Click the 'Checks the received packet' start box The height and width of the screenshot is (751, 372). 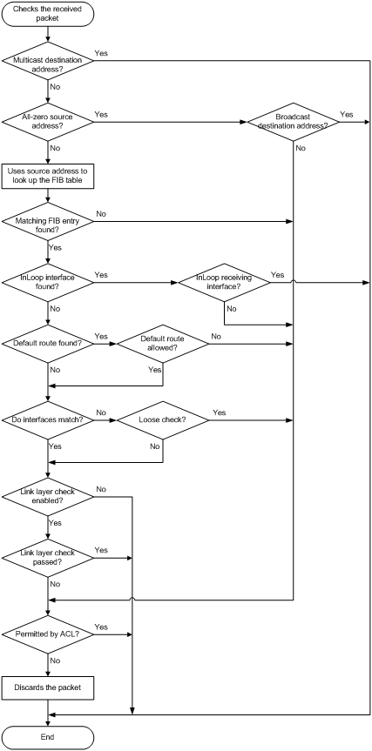(x=48, y=13)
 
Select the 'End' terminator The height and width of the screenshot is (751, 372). (x=48, y=736)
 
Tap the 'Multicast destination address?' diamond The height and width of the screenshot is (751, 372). (x=48, y=61)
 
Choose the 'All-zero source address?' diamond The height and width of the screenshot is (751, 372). (x=48, y=122)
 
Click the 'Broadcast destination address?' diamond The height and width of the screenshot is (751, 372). (x=293, y=122)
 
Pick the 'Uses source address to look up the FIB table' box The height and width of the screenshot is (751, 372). (x=48, y=176)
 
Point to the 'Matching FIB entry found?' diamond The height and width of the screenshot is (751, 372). (x=48, y=222)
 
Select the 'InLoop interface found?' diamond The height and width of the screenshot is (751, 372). (x=48, y=283)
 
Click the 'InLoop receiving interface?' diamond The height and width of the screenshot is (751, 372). (x=225, y=283)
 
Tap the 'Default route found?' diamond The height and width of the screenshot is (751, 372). (x=48, y=344)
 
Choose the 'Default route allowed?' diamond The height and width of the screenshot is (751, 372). (x=163, y=344)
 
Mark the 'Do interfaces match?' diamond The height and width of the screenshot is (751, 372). (x=48, y=420)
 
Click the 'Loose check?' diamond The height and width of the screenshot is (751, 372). (x=163, y=420)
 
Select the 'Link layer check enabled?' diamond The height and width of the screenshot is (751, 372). (x=48, y=497)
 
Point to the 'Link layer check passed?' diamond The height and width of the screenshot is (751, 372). (x=48, y=559)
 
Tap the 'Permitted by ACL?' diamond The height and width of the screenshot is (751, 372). (x=48, y=634)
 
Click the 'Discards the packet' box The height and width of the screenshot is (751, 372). (x=48, y=688)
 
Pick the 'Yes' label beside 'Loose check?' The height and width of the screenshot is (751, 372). (x=219, y=412)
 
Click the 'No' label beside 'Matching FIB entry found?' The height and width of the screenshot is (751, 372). (x=101, y=213)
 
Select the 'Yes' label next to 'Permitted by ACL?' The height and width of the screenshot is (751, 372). (x=101, y=627)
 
